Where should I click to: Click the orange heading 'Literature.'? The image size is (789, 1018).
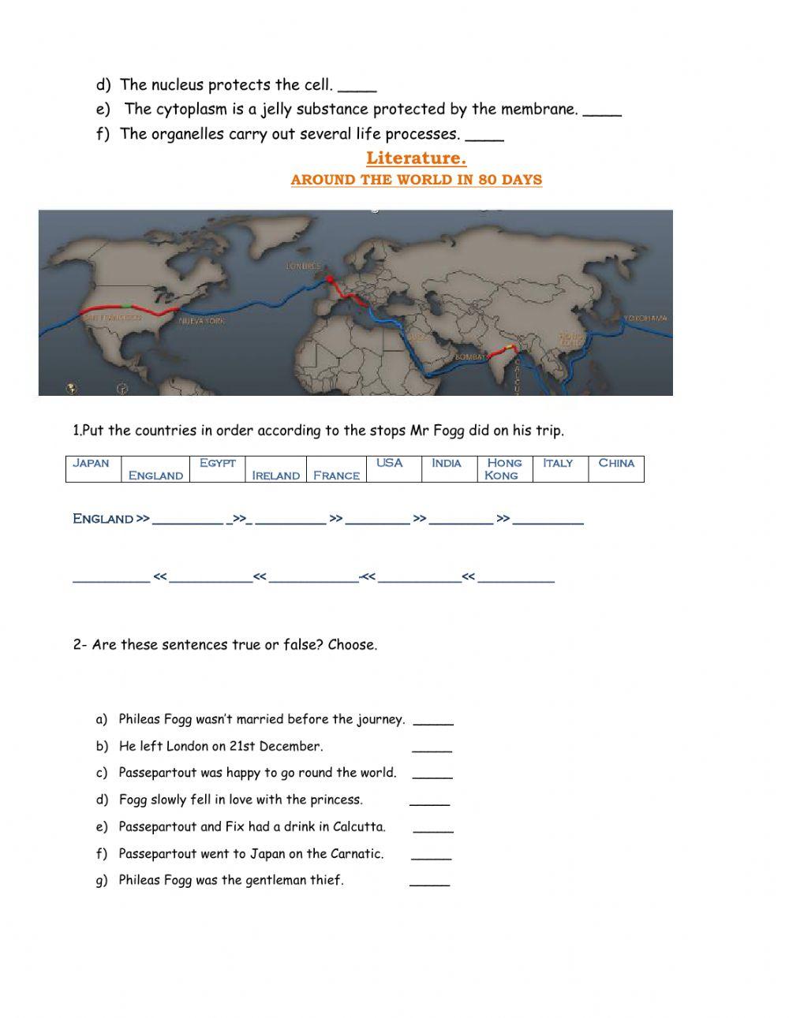point(416,158)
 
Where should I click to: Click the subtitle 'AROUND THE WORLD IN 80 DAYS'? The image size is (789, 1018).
point(416,180)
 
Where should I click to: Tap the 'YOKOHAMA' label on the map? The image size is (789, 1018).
point(645,318)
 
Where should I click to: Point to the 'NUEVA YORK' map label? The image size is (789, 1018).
point(201,321)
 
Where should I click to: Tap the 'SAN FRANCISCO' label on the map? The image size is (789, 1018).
point(113,317)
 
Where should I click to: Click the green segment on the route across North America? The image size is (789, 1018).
point(126,304)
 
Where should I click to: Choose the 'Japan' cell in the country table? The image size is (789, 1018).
point(91,463)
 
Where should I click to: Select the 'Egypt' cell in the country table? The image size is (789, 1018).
point(218,463)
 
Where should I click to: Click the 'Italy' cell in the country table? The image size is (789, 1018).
point(558,463)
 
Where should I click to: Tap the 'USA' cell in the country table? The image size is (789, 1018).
point(390,463)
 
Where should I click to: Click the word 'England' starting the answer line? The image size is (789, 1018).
point(103,519)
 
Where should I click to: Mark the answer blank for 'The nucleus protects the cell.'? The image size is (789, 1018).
point(361,88)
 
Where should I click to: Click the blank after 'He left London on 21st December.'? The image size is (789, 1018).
point(432,749)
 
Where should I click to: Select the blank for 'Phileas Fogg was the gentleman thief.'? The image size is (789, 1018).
point(429,883)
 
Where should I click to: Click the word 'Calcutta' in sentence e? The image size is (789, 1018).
point(359,827)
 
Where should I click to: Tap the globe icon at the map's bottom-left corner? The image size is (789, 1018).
point(71,387)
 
